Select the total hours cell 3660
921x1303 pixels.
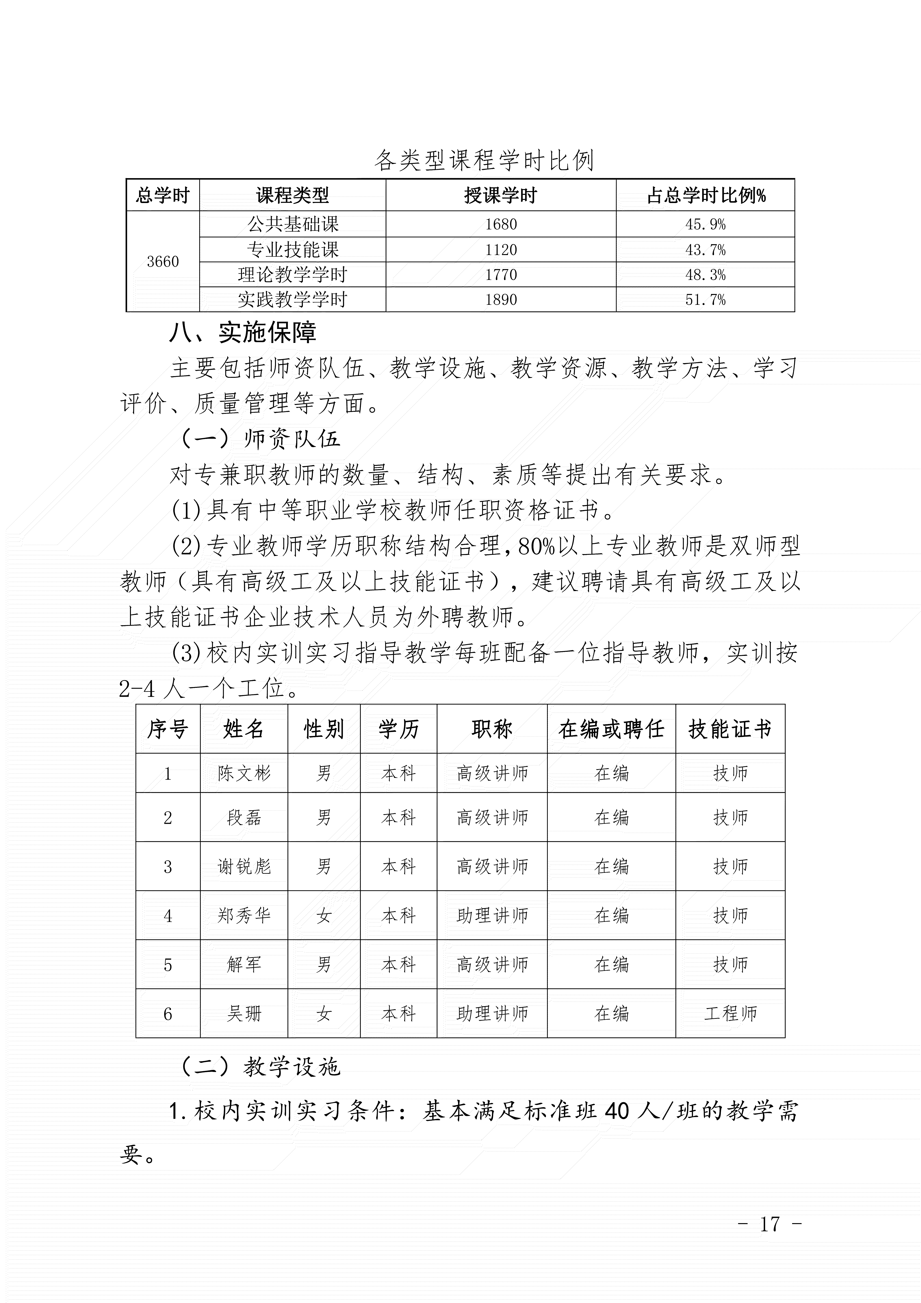pyautogui.click(x=163, y=262)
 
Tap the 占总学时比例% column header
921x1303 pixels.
pyautogui.click(x=705, y=196)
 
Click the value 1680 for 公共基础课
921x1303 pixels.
pyautogui.click(x=500, y=224)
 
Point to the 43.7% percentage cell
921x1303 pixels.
pyautogui.click(x=705, y=250)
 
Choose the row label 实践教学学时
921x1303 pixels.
pyautogui.click(x=292, y=300)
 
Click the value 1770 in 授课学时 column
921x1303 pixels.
pyautogui.click(x=500, y=275)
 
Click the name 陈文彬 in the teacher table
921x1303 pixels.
pyautogui.click(x=244, y=773)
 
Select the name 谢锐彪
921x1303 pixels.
pyautogui.click(x=244, y=866)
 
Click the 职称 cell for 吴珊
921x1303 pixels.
pyautogui.click(x=492, y=1013)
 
